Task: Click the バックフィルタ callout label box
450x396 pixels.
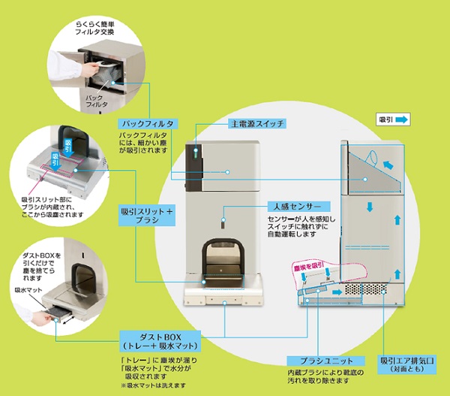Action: point(148,122)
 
